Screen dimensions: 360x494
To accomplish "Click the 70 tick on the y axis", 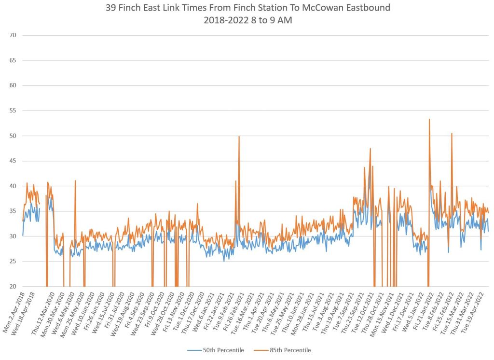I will tap(13, 35).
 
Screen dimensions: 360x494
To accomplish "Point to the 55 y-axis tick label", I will tap(13, 111).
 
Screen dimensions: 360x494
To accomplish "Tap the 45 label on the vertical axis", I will tap(13, 161).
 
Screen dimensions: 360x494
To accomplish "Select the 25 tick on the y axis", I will tap(13, 261).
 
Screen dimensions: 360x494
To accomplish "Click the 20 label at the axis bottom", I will tap(13, 286).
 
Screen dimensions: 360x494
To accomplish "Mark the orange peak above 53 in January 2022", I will tap(429, 120).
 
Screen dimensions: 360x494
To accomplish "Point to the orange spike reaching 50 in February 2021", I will tap(239, 137).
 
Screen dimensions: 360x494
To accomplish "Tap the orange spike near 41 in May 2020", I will tap(75, 181).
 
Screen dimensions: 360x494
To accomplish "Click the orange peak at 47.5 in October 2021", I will tap(370, 149).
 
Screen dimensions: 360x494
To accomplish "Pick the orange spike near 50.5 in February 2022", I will tap(452, 134).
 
